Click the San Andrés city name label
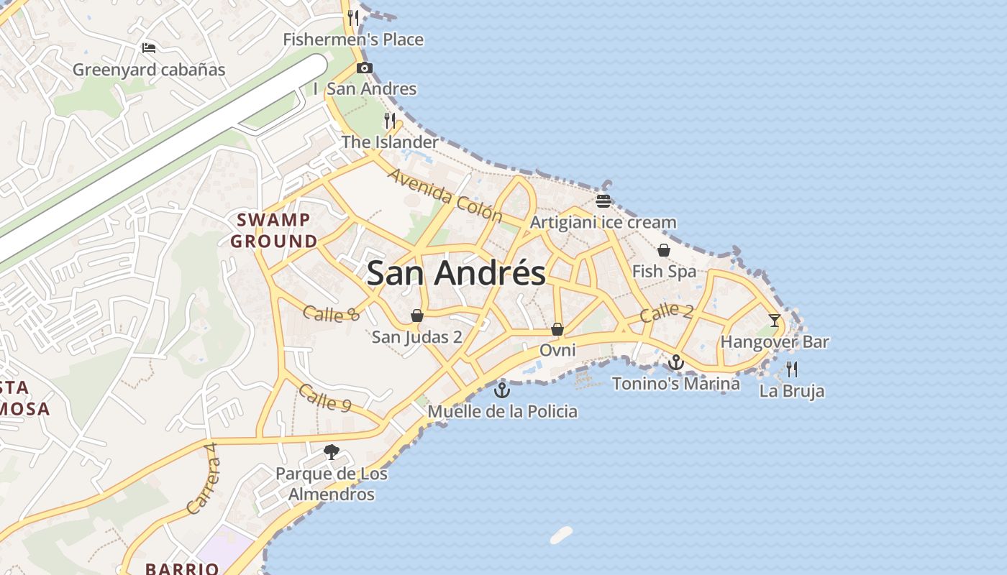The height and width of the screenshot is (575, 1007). coord(456,274)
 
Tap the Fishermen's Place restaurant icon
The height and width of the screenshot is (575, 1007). coord(353,18)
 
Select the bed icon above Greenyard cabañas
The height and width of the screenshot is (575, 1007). coord(149,48)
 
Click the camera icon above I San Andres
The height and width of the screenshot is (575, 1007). coord(365,68)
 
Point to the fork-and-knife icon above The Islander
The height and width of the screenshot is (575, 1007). coord(390,120)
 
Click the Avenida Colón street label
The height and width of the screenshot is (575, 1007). coord(445,195)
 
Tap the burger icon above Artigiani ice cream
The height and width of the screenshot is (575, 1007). coord(603,201)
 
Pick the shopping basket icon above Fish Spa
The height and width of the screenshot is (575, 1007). coord(664,250)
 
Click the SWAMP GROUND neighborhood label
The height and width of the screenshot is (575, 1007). coord(274,231)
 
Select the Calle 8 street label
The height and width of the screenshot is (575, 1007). coord(331,313)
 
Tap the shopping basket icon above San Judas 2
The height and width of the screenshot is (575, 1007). coord(416,316)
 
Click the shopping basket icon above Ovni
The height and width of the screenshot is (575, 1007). coord(557,329)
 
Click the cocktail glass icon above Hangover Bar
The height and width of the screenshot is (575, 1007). coord(775,321)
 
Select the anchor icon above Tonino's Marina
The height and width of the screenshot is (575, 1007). coord(675,362)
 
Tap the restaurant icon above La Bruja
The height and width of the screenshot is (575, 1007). coord(792,369)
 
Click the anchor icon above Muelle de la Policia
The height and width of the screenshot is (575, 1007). coord(502,390)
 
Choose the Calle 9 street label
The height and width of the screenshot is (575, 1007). coord(324,398)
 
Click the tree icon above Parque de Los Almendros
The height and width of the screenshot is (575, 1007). coord(332,452)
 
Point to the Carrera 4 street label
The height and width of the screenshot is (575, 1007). coord(202,479)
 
